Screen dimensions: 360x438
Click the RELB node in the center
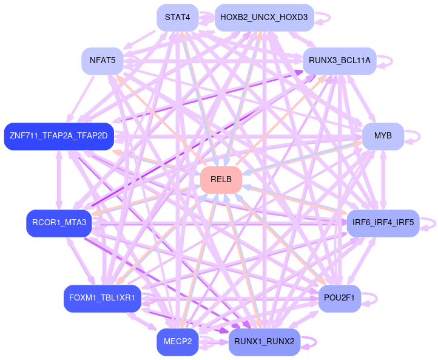[x=221, y=180]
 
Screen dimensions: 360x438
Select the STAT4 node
[x=177, y=18]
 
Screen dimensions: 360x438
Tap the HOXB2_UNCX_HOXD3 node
[x=264, y=18]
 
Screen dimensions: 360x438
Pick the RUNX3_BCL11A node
[x=339, y=61]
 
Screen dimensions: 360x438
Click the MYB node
[x=383, y=135]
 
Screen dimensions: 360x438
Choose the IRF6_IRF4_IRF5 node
[x=383, y=223]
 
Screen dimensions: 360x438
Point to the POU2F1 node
[x=339, y=298]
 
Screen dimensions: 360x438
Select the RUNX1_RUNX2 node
[x=264, y=342]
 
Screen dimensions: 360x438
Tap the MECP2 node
[x=177, y=342]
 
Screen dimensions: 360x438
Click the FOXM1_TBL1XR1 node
[x=102, y=298]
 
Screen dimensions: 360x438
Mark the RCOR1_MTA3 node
[x=58, y=223]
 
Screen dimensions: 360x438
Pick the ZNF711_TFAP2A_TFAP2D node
[x=58, y=135]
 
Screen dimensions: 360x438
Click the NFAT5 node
[x=102, y=61]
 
